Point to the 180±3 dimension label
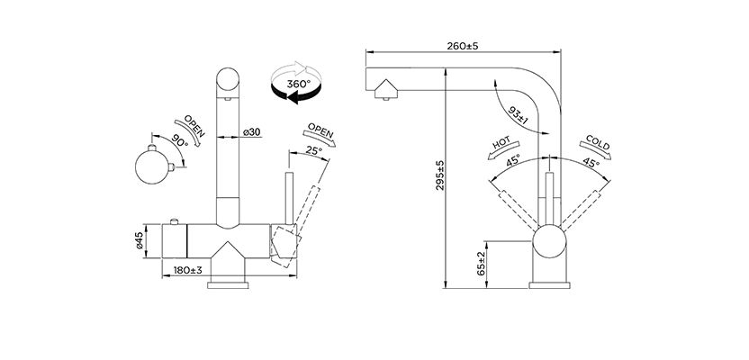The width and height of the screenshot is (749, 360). pyautogui.click(x=186, y=270)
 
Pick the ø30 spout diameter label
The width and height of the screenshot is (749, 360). pyautogui.click(x=252, y=132)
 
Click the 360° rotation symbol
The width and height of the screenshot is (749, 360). pyautogui.click(x=292, y=84)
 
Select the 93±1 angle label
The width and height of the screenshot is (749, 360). pyautogui.click(x=515, y=116)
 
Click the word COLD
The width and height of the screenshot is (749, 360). pyautogui.click(x=598, y=143)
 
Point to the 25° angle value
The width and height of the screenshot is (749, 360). pyautogui.click(x=313, y=151)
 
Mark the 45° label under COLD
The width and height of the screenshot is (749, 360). pyautogui.click(x=590, y=163)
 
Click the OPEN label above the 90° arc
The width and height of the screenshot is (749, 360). pyautogui.click(x=194, y=126)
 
